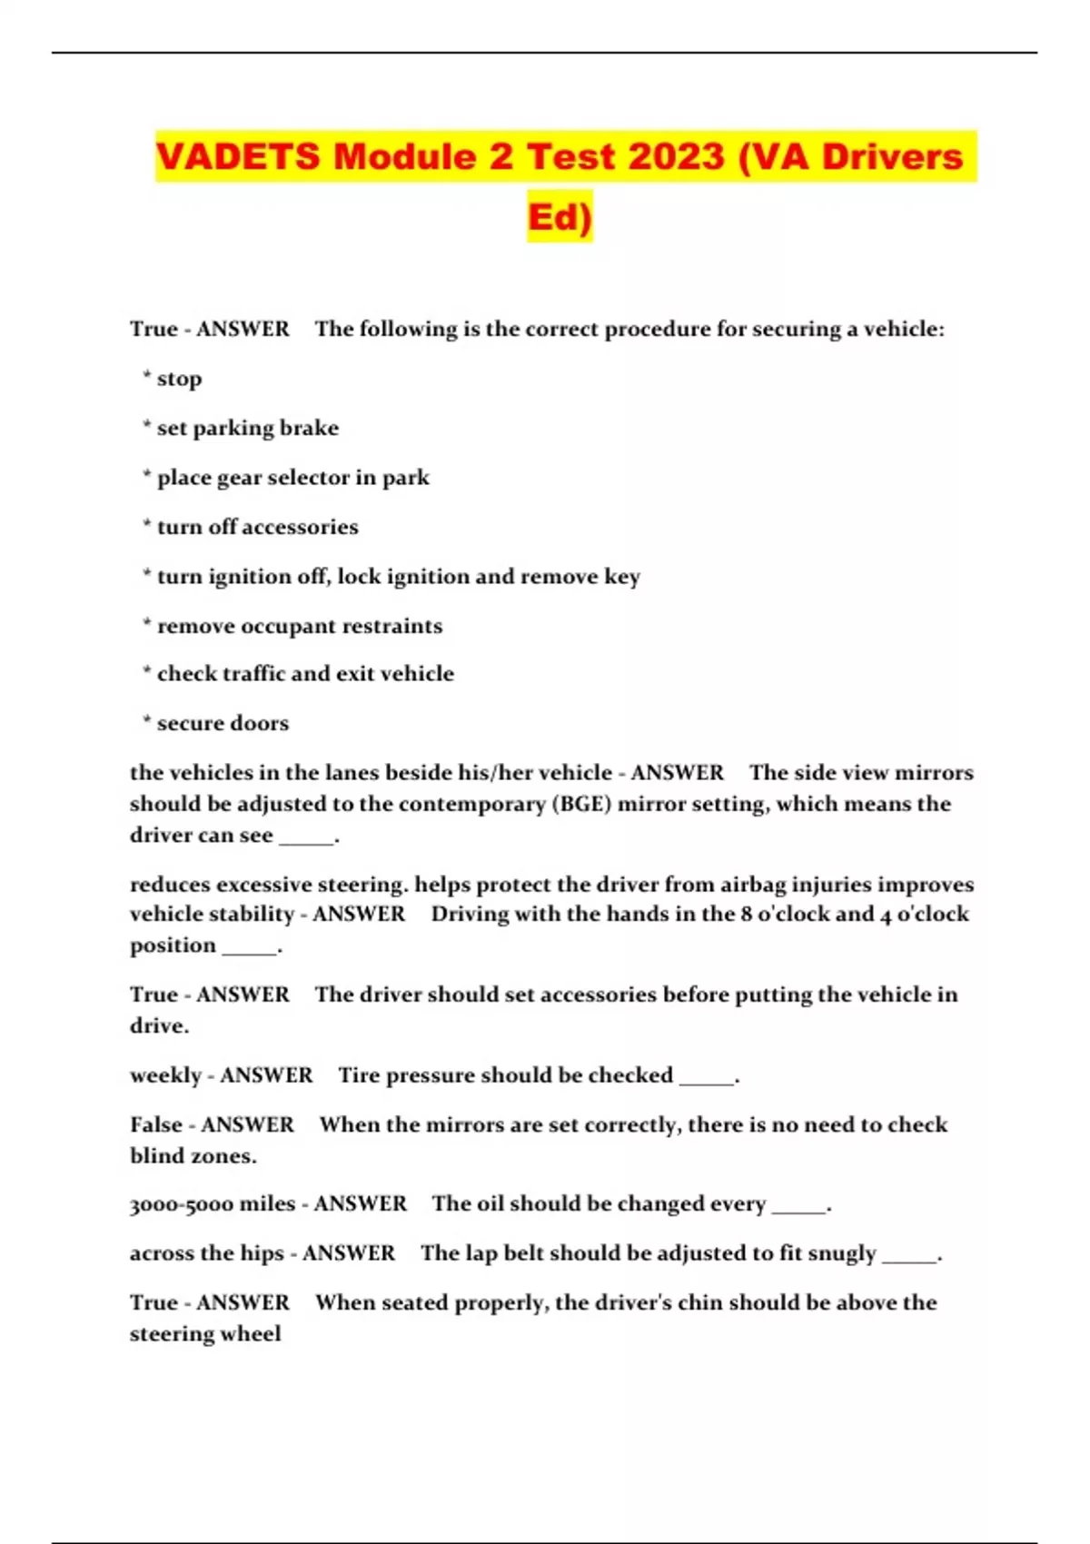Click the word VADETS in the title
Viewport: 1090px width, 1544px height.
click(x=238, y=156)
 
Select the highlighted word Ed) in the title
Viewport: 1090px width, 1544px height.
click(x=560, y=217)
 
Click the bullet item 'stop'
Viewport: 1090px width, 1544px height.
click(x=179, y=379)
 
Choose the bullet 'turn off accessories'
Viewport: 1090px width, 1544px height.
click(x=257, y=527)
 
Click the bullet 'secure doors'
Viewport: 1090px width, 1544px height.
click(x=223, y=723)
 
